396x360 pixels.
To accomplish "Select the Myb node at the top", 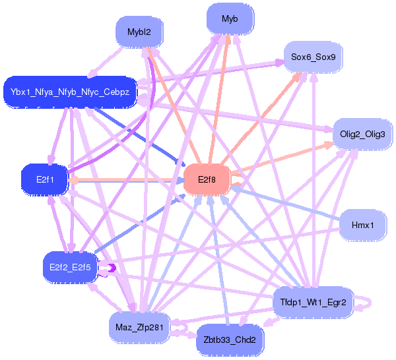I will pos(230,18).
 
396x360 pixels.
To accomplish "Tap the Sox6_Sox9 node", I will pos(313,57).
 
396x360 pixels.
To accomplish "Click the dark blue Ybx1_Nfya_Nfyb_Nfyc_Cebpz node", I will pos(70,91).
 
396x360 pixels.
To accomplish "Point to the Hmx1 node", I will pos(362,225).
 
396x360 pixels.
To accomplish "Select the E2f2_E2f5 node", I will pos(70,267).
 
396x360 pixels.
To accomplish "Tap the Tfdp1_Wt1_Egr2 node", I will pos(313,302).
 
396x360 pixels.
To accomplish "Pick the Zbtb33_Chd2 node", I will pos(230,340).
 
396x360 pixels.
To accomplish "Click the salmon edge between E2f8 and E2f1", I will pos(125,179).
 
